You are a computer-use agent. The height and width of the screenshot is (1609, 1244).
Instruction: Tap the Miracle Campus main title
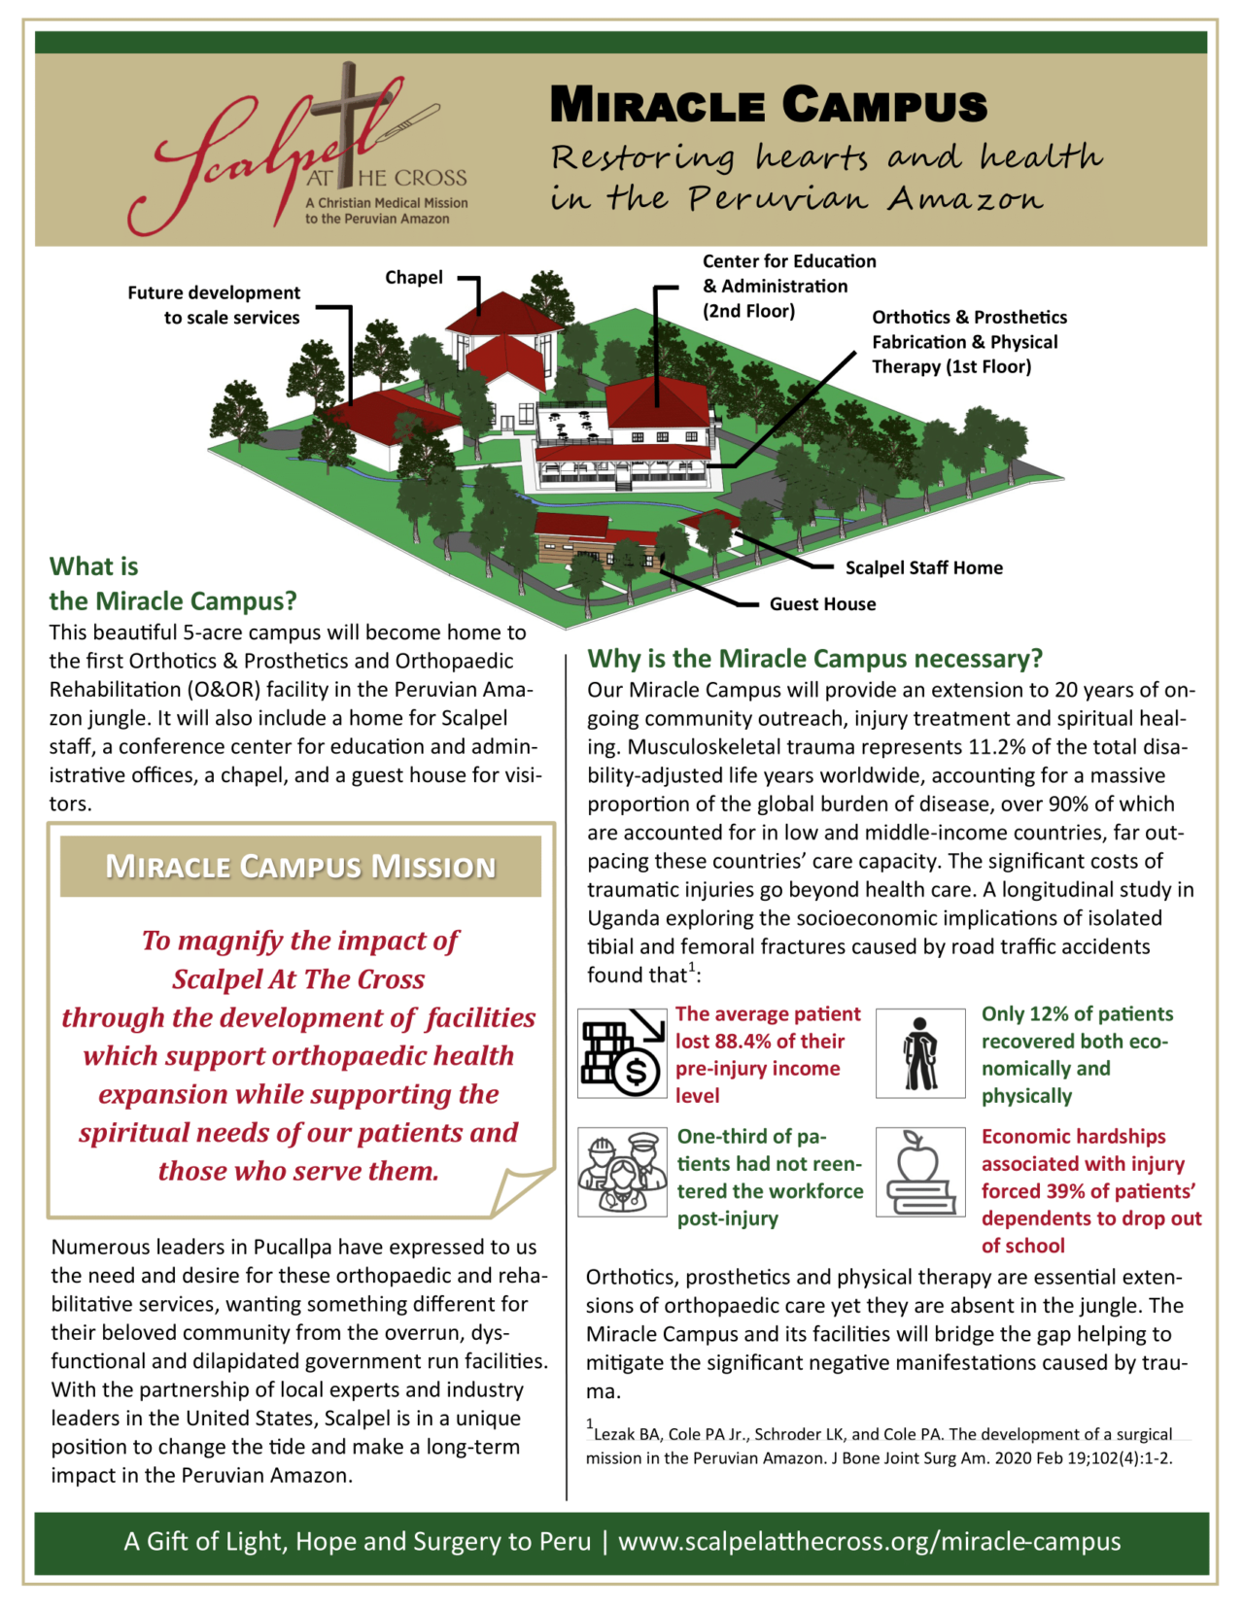click(x=768, y=105)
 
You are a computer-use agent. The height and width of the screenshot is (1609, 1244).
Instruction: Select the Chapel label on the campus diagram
click(x=413, y=278)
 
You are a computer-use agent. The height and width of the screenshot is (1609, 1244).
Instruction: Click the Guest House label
click(x=822, y=604)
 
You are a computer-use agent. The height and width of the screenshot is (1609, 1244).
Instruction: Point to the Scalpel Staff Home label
click(x=923, y=568)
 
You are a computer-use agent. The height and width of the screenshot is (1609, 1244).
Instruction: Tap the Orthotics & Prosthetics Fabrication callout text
click(x=968, y=342)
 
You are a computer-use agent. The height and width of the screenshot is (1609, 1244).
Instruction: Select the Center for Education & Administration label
click(x=788, y=286)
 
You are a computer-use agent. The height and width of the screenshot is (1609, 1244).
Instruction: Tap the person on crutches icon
click(x=919, y=1053)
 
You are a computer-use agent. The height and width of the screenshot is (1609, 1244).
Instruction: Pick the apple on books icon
click(x=919, y=1172)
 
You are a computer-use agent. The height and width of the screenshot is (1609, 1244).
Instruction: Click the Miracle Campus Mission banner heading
click(x=300, y=866)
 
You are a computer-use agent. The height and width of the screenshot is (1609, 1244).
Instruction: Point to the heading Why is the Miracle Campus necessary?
click(x=814, y=659)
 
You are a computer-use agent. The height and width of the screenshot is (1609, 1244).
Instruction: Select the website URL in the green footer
click(x=869, y=1542)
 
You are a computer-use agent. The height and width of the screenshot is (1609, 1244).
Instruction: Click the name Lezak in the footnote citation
click(x=614, y=1434)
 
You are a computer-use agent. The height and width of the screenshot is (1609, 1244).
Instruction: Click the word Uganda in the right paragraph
click(x=624, y=918)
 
